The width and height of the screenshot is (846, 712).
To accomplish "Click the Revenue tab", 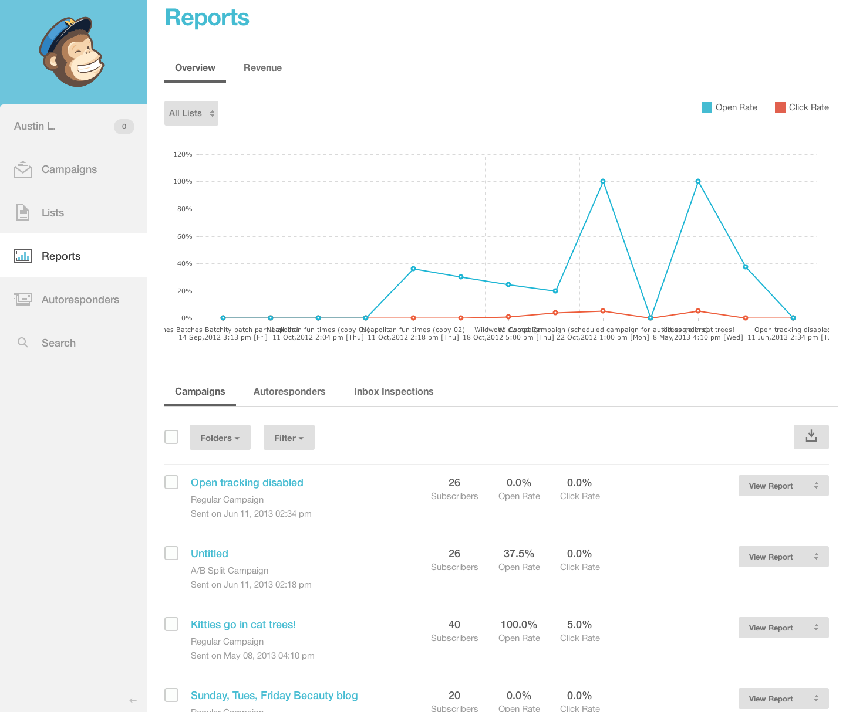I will pyautogui.click(x=262, y=68).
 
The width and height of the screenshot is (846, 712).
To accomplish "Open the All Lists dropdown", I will pyautogui.click(x=191, y=113).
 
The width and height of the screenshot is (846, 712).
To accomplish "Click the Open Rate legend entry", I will pyautogui.click(x=729, y=107).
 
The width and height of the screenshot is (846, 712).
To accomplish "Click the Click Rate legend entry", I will pyautogui.click(x=802, y=107).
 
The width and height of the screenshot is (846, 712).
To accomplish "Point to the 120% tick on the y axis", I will pyautogui.click(x=183, y=155).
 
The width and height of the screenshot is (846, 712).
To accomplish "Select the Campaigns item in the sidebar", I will pyautogui.click(x=69, y=169).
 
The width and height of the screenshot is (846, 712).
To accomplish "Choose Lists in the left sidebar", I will pyautogui.click(x=52, y=213).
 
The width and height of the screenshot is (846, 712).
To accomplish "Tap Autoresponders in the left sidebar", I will pyautogui.click(x=80, y=300).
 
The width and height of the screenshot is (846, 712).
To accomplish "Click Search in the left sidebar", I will pyautogui.click(x=58, y=343).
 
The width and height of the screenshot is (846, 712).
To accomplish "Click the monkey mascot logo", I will pyautogui.click(x=72, y=52).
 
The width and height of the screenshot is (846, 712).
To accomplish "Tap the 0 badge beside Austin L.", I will pyautogui.click(x=124, y=127).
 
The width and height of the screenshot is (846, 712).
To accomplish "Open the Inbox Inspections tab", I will pyautogui.click(x=393, y=392).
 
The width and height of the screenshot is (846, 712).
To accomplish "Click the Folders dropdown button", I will pyautogui.click(x=220, y=438).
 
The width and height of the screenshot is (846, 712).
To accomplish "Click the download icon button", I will pyautogui.click(x=811, y=437).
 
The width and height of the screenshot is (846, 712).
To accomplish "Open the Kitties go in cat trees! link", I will pyautogui.click(x=243, y=625).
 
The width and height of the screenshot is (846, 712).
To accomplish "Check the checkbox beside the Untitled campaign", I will pyautogui.click(x=171, y=553).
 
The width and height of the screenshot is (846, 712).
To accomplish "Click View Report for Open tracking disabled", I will pyautogui.click(x=770, y=486).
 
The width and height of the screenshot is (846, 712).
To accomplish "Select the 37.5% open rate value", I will pyautogui.click(x=519, y=554).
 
